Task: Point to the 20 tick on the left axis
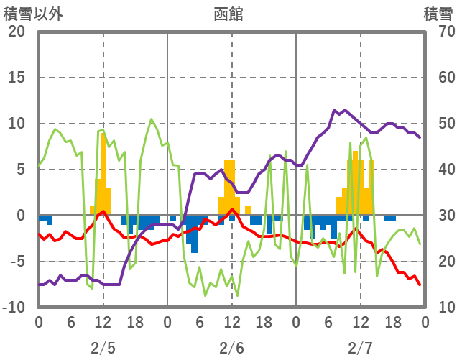(x=17, y=32)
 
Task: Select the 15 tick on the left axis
(x=17, y=78)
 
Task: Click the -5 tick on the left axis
(x=17, y=262)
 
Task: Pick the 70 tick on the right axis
(x=438, y=32)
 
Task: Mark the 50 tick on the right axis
(x=438, y=124)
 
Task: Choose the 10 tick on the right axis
(x=438, y=308)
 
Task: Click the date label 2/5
(x=103, y=348)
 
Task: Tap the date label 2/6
(x=231, y=348)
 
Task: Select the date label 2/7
(x=360, y=348)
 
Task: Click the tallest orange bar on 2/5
(x=103, y=172)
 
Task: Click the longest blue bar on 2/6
(x=194, y=234)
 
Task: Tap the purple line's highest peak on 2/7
(x=334, y=111)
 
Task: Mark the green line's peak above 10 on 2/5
(x=151, y=119)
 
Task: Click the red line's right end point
(x=420, y=285)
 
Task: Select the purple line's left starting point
(x=39, y=285)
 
